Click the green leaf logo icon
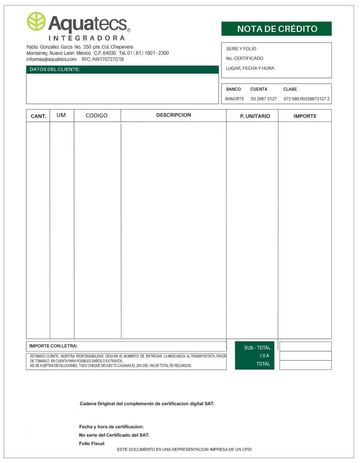pos(36,21)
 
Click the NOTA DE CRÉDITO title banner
pos(276,29)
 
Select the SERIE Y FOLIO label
pos(241,49)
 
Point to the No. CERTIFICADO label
pos(245,59)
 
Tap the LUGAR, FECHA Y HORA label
pos(250,68)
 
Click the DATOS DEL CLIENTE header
pos(55,70)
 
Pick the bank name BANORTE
pos(235,99)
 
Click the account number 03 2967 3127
pos(264,99)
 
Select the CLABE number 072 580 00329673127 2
pos(307,99)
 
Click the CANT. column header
pos(39,116)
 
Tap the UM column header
pos(61,115)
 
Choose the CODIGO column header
pos(97,116)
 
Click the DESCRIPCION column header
pos(174,115)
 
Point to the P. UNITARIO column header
pos(255,116)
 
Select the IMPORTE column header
pos(305,116)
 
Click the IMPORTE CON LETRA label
pos(53,346)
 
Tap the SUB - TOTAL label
pos(257,348)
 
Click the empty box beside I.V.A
pos(305,356)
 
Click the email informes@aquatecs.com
pos(52,59)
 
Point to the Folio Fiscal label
pos(92,443)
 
